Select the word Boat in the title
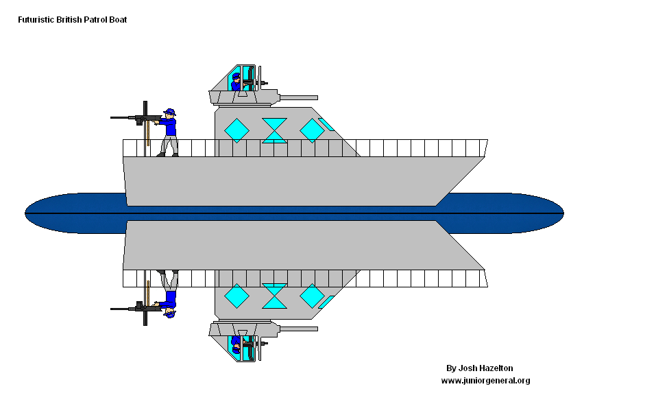[x=117, y=20]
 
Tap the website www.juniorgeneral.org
[x=485, y=381]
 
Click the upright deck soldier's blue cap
[x=169, y=112]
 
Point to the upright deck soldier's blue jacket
[x=170, y=126]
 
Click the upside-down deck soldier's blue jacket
[x=170, y=299]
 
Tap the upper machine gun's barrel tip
[x=112, y=117]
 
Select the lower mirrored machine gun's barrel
[x=123, y=309]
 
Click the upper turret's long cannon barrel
[x=298, y=97]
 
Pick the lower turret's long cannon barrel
[x=298, y=329]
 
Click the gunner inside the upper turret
[x=236, y=82]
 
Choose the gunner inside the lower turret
[x=236, y=344]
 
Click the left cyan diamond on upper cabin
[x=236, y=130]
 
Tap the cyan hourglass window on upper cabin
[x=275, y=130]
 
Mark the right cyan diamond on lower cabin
[x=312, y=296]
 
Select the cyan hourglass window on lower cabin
[x=275, y=296]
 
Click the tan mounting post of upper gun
[x=148, y=134]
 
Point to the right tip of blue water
[x=562, y=213]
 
